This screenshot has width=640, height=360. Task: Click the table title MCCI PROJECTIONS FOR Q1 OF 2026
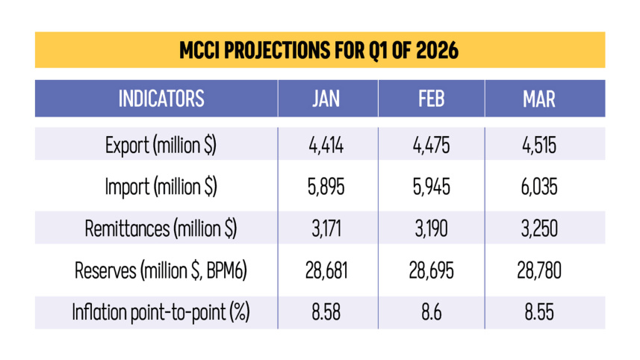(x=319, y=51)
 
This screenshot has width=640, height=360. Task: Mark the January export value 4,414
(x=326, y=146)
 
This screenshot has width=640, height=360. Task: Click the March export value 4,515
(x=539, y=146)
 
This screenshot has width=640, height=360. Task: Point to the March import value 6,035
(x=539, y=187)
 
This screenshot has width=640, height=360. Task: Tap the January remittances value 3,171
(x=326, y=229)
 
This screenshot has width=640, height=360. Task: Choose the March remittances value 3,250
(x=539, y=229)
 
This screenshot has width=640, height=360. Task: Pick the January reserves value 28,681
(x=326, y=271)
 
